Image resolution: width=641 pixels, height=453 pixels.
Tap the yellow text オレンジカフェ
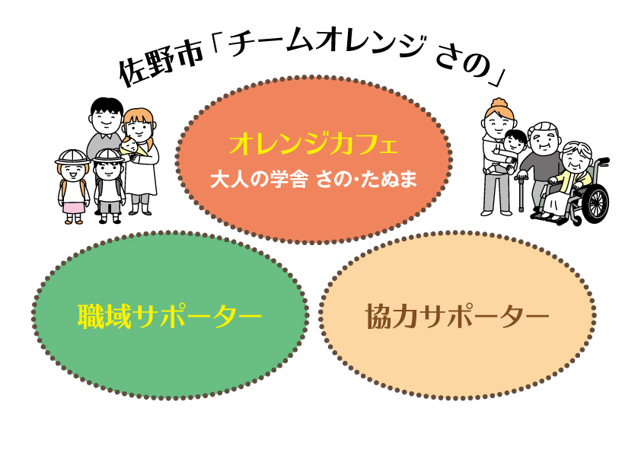click(x=314, y=145)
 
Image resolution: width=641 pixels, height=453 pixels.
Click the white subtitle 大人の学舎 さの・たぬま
click(x=314, y=180)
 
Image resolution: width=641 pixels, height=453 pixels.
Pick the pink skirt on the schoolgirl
click(x=73, y=206)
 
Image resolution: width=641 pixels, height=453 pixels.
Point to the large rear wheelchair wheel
click(x=594, y=203)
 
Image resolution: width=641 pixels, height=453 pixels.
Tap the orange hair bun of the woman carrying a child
click(x=499, y=103)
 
